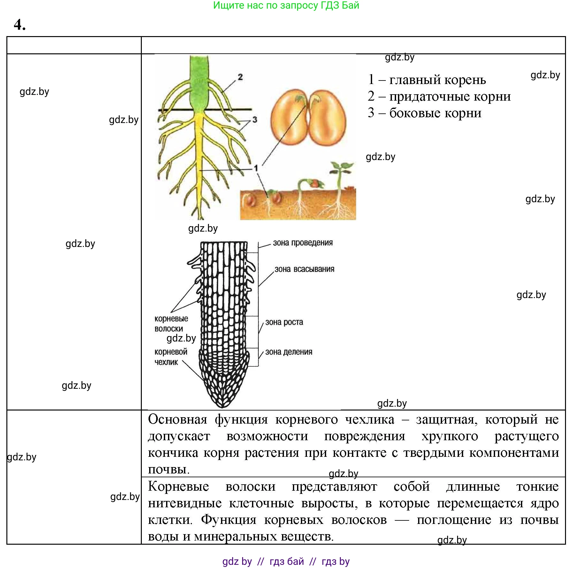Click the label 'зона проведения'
coord(302,243)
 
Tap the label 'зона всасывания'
coord(304,269)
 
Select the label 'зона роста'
coord(284,322)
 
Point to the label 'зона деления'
coord(289,352)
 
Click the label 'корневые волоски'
coord(171,324)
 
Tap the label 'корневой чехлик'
coord(171,357)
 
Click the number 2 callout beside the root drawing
coord(240,77)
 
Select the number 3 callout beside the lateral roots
coord(255,120)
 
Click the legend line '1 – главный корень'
coord(427,80)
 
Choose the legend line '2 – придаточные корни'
coord(439,96)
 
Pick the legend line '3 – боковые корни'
coord(424,113)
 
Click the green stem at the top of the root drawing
coord(199,83)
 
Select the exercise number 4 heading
coord(19,25)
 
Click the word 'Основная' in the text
coord(178,419)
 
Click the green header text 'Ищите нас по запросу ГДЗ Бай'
coord(286,5)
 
